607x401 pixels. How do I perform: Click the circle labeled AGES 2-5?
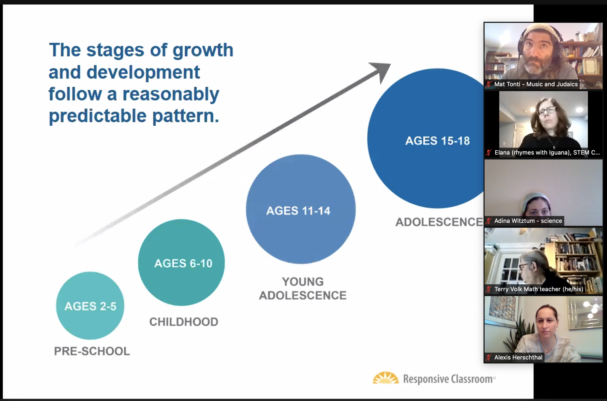point(90,306)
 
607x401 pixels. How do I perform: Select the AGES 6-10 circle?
point(181,262)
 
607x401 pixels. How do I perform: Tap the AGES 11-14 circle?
point(301,209)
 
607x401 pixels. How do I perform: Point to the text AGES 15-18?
point(437,141)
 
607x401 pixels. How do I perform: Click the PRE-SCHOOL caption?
point(92,351)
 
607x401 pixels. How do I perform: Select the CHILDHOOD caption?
point(184,322)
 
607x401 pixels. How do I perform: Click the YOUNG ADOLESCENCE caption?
point(303,288)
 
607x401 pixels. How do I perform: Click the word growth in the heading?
point(203,50)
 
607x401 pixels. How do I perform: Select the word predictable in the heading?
point(98,116)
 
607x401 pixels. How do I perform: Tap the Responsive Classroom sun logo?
point(386,378)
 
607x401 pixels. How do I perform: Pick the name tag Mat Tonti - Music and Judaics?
point(536,84)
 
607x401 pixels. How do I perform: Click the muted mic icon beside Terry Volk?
point(489,289)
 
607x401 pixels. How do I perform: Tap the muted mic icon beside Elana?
point(489,152)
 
